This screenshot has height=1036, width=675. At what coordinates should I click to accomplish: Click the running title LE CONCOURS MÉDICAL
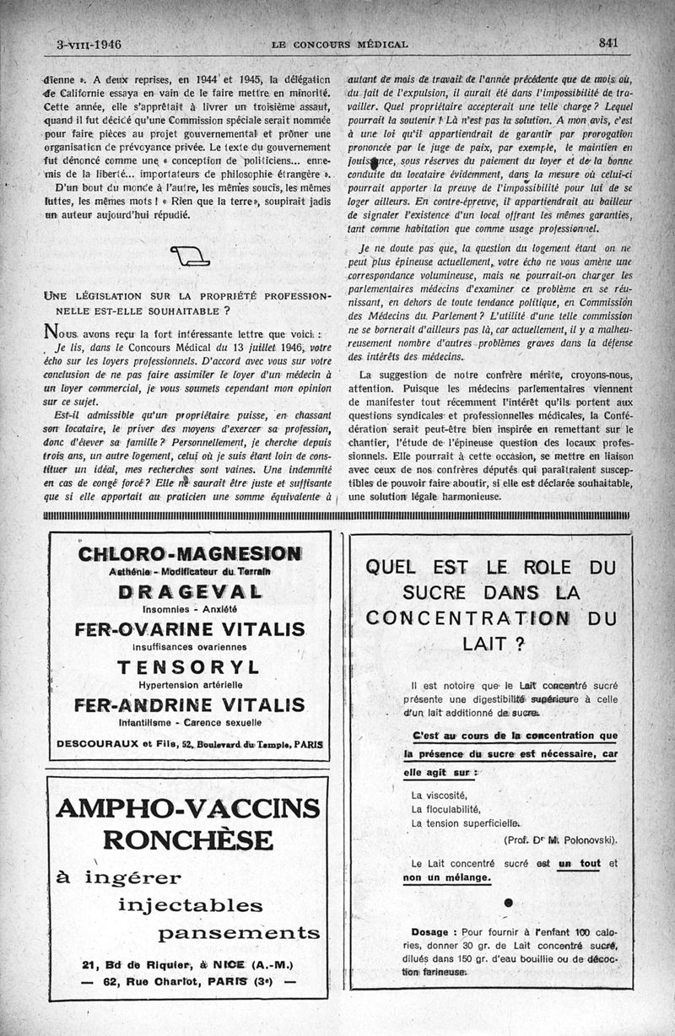pyautogui.click(x=340, y=44)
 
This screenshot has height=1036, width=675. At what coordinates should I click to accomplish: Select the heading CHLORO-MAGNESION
pyautogui.click(x=189, y=554)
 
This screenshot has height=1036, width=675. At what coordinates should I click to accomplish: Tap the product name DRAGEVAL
pyautogui.click(x=188, y=591)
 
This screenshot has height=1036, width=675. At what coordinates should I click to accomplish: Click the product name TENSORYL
pyautogui.click(x=188, y=667)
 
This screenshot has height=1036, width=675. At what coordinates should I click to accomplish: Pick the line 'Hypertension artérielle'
pyautogui.click(x=188, y=684)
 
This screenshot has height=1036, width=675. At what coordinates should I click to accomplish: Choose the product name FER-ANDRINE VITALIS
pyautogui.click(x=189, y=705)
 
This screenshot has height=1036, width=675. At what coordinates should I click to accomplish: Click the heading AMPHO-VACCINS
pyautogui.click(x=188, y=808)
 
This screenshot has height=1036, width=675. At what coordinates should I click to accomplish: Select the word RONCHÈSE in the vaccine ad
pyautogui.click(x=188, y=840)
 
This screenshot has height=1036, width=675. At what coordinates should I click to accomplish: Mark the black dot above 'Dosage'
pyautogui.click(x=507, y=903)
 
